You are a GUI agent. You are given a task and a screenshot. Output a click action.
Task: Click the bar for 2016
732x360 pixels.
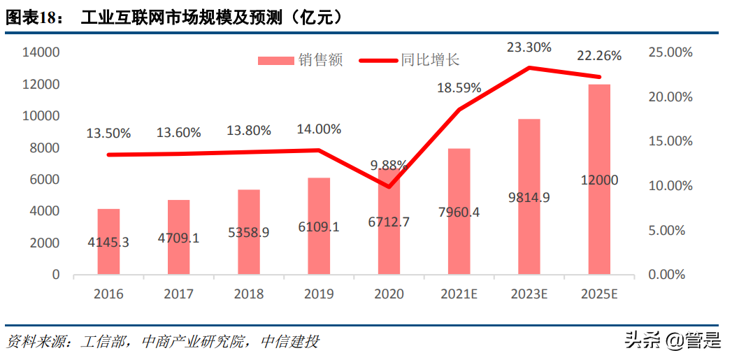click(108, 241)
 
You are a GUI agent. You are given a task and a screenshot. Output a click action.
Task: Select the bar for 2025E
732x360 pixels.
click(599, 179)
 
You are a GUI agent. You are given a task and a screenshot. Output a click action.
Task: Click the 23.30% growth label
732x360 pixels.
click(529, 48)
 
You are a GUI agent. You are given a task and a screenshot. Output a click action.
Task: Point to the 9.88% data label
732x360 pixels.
click(389, 165)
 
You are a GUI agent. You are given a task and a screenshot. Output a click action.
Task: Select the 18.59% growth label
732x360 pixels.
click(459, 87)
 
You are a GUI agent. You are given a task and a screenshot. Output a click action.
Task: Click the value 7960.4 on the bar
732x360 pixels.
click(459, 212)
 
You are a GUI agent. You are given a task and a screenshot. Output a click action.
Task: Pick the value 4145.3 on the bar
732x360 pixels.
click(108, 242)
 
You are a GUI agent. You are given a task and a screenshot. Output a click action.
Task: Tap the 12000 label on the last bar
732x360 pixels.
click(599, 180)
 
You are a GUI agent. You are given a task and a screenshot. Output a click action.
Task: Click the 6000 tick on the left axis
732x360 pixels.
click(44, 180)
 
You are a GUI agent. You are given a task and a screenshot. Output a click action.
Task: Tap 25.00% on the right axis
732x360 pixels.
click(670, 52)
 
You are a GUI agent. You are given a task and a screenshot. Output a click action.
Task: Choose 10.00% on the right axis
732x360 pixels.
click(670, 186)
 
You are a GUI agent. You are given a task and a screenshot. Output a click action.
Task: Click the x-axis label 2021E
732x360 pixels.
click(459, 294)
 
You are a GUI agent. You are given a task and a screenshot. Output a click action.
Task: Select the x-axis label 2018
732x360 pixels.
click(249, 294)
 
